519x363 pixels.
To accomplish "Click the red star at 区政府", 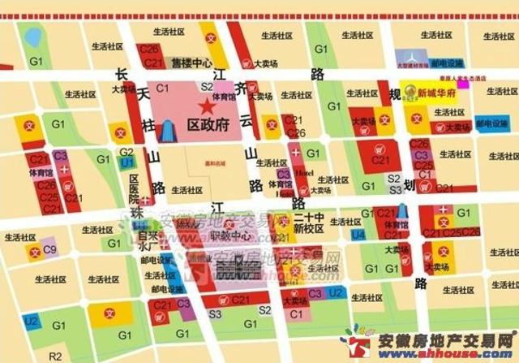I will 205,107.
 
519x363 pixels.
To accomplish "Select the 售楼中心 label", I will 191,63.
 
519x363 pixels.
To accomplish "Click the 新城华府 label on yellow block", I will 437,93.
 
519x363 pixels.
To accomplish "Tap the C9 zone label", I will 49,250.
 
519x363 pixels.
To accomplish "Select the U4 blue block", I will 358,235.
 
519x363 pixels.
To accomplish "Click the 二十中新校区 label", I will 309,223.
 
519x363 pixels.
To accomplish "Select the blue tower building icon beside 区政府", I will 168,130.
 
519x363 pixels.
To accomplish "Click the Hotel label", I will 304,173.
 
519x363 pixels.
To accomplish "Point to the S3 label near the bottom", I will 215,313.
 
